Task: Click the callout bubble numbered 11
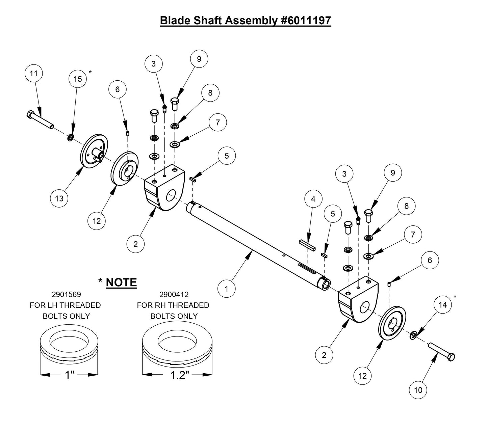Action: tap(34, 73)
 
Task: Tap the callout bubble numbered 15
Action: tap(78, 79)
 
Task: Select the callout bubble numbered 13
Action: tap(59, 198)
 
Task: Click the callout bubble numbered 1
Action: tap(226, 289)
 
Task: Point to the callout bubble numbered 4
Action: tap(313, 199)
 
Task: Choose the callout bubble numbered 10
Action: tap(418, 390)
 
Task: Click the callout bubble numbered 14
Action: tap(442, 305)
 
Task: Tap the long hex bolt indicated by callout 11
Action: tap(40, 119)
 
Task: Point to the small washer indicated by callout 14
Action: tap(413, 336)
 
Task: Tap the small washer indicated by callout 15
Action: tap(71, 137)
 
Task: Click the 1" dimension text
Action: tap(69, 375)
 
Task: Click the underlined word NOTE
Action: tap(121, 282)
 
